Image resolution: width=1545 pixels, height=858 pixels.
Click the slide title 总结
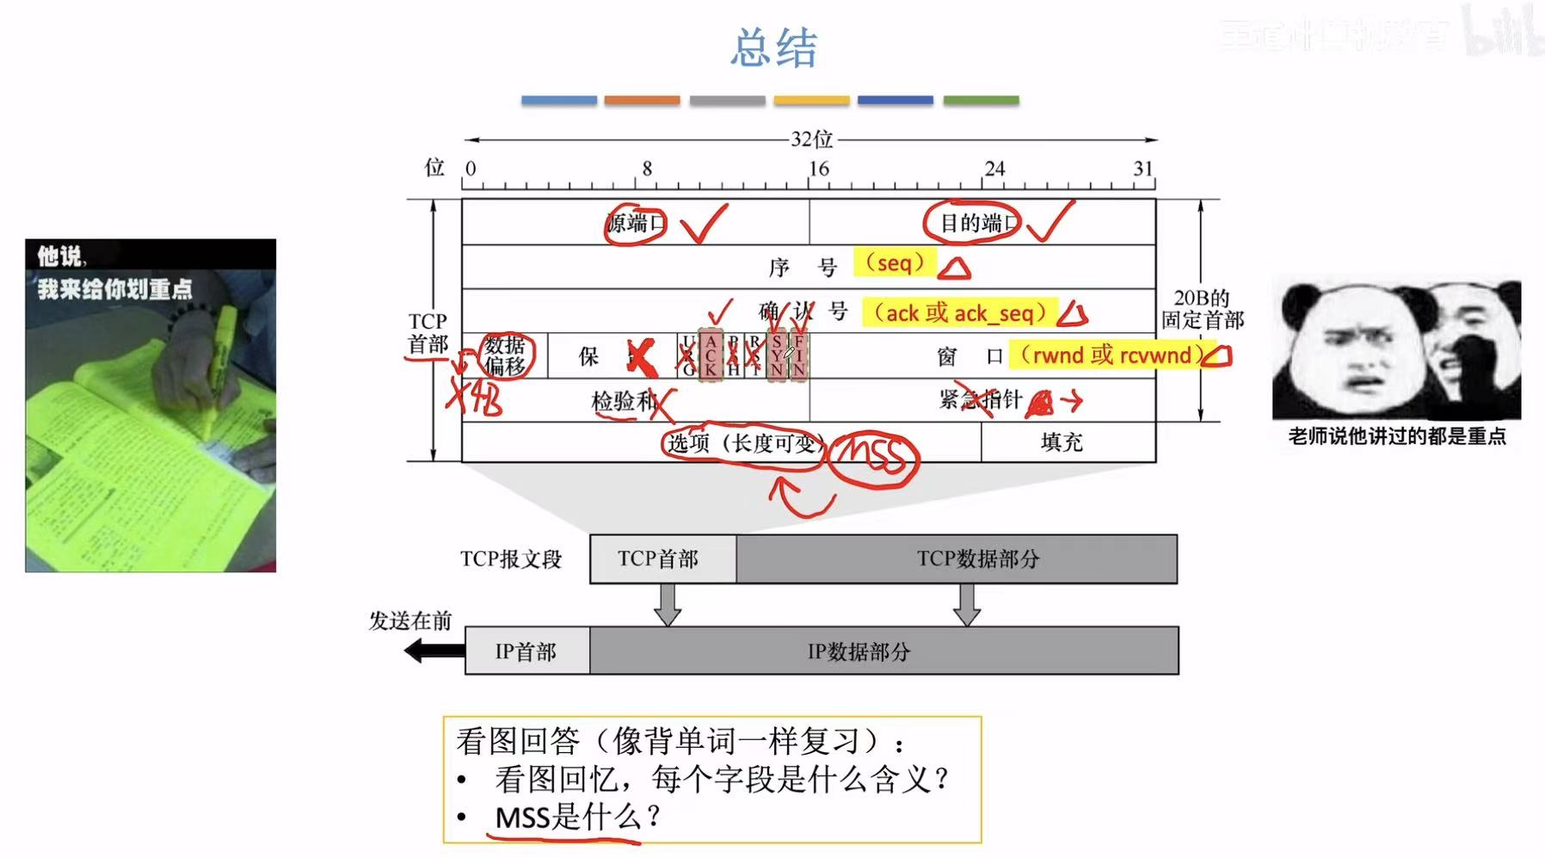[773, 48]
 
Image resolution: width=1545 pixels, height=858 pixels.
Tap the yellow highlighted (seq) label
[895, 262]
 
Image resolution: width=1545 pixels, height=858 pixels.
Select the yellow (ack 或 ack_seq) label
[959, 313]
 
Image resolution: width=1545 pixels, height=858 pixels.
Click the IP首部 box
[526, 651]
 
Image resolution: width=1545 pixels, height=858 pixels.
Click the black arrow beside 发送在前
[434, 651]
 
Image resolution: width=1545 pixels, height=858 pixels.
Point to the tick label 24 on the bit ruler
[994, 169]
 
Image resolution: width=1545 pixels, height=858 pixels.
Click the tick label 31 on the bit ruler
[1142, 169]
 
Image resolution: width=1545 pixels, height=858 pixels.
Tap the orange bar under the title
[642, 101]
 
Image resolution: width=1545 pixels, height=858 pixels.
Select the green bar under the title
[981, 101]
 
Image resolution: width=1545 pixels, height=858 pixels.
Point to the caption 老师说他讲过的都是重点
[1396, 437]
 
